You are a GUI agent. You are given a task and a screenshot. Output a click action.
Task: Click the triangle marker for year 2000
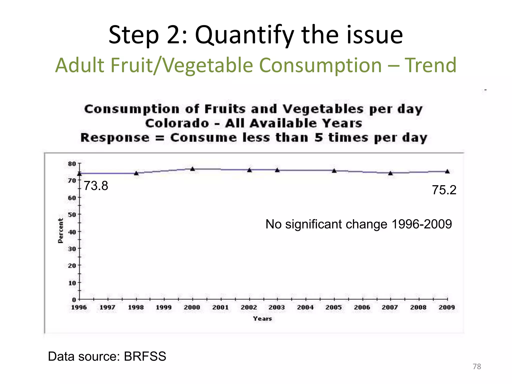192,169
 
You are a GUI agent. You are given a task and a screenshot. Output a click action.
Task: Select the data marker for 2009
447,171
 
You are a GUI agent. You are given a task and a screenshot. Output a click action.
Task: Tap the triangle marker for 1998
136,173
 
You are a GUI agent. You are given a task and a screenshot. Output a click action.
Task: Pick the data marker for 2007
390,173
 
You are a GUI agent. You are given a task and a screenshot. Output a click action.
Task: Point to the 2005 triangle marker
334,171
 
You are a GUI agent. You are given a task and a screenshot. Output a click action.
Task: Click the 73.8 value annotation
96,186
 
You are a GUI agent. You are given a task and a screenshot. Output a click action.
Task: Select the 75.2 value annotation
444,190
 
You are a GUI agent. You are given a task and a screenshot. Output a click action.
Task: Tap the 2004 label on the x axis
305,307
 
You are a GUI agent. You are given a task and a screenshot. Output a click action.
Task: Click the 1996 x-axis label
79,307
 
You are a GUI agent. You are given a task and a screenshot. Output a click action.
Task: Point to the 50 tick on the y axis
72,214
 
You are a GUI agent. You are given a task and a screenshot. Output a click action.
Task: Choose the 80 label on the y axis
72,164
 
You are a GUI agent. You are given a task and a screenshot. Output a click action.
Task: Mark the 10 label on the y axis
72,283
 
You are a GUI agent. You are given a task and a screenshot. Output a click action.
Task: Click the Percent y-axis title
60,230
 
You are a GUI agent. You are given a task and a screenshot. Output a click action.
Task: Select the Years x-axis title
262,318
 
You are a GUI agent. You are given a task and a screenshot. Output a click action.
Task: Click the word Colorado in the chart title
177,123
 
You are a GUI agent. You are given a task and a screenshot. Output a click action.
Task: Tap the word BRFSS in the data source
145,356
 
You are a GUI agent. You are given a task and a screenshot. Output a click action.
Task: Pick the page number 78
477,366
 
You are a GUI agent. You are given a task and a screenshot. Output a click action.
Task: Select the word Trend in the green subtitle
430,65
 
